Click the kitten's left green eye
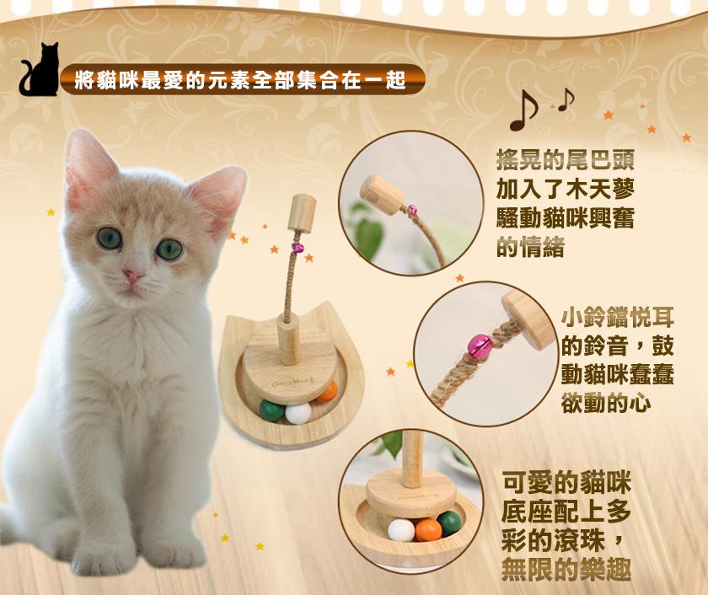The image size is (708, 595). pos(110,238)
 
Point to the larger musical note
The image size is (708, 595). pos(523,110)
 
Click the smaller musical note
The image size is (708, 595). pos(566,99)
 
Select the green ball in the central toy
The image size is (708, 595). pos(272,410)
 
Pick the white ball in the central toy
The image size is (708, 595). pos(298,413)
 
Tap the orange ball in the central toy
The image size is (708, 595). pos(327,392)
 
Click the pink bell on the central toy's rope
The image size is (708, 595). pos(298,248)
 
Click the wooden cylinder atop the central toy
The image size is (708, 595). pos(302,212)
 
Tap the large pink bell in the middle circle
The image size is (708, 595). pos(479,346)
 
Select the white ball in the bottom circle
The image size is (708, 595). pos(401,530)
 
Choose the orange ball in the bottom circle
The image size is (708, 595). pos(428,529)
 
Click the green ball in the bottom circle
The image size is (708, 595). pos(450,523)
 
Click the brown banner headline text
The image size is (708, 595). pos(240,80)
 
